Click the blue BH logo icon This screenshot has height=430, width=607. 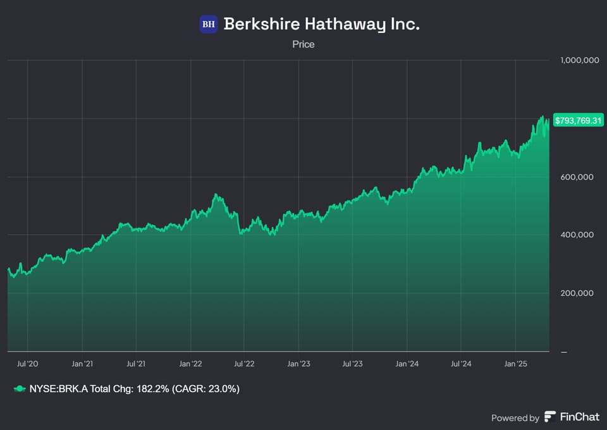pyautogui.click(x=209, y=25)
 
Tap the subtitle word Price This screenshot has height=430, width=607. pyautogui.click(x=303, y=44)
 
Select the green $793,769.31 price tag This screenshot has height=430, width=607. pyautogui.click(x=578, y=120)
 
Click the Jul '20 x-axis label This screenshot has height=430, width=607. pyautogui.click(x=28, y=364)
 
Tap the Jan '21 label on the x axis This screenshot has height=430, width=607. pyautogui.click(x=82, y=364)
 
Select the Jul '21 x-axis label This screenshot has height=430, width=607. pyautogui.click(x=136, y=364)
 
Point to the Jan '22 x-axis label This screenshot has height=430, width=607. pyautogui.click(x=190, y=364)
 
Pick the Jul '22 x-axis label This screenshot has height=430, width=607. pyautogui.click(x=244, y=364)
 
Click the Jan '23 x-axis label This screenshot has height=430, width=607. pyautogui.click(x=298, y=364)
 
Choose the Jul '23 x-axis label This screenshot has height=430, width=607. pyautogui.click(x=352, y=364)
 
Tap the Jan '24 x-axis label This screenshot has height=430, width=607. pyautogui.click(x=407, y=364)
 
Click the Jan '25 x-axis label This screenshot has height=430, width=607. pyautogui.click(x=515, y=364)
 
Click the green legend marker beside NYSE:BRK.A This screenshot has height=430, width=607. pyautogui.click(x=20, y=389)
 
